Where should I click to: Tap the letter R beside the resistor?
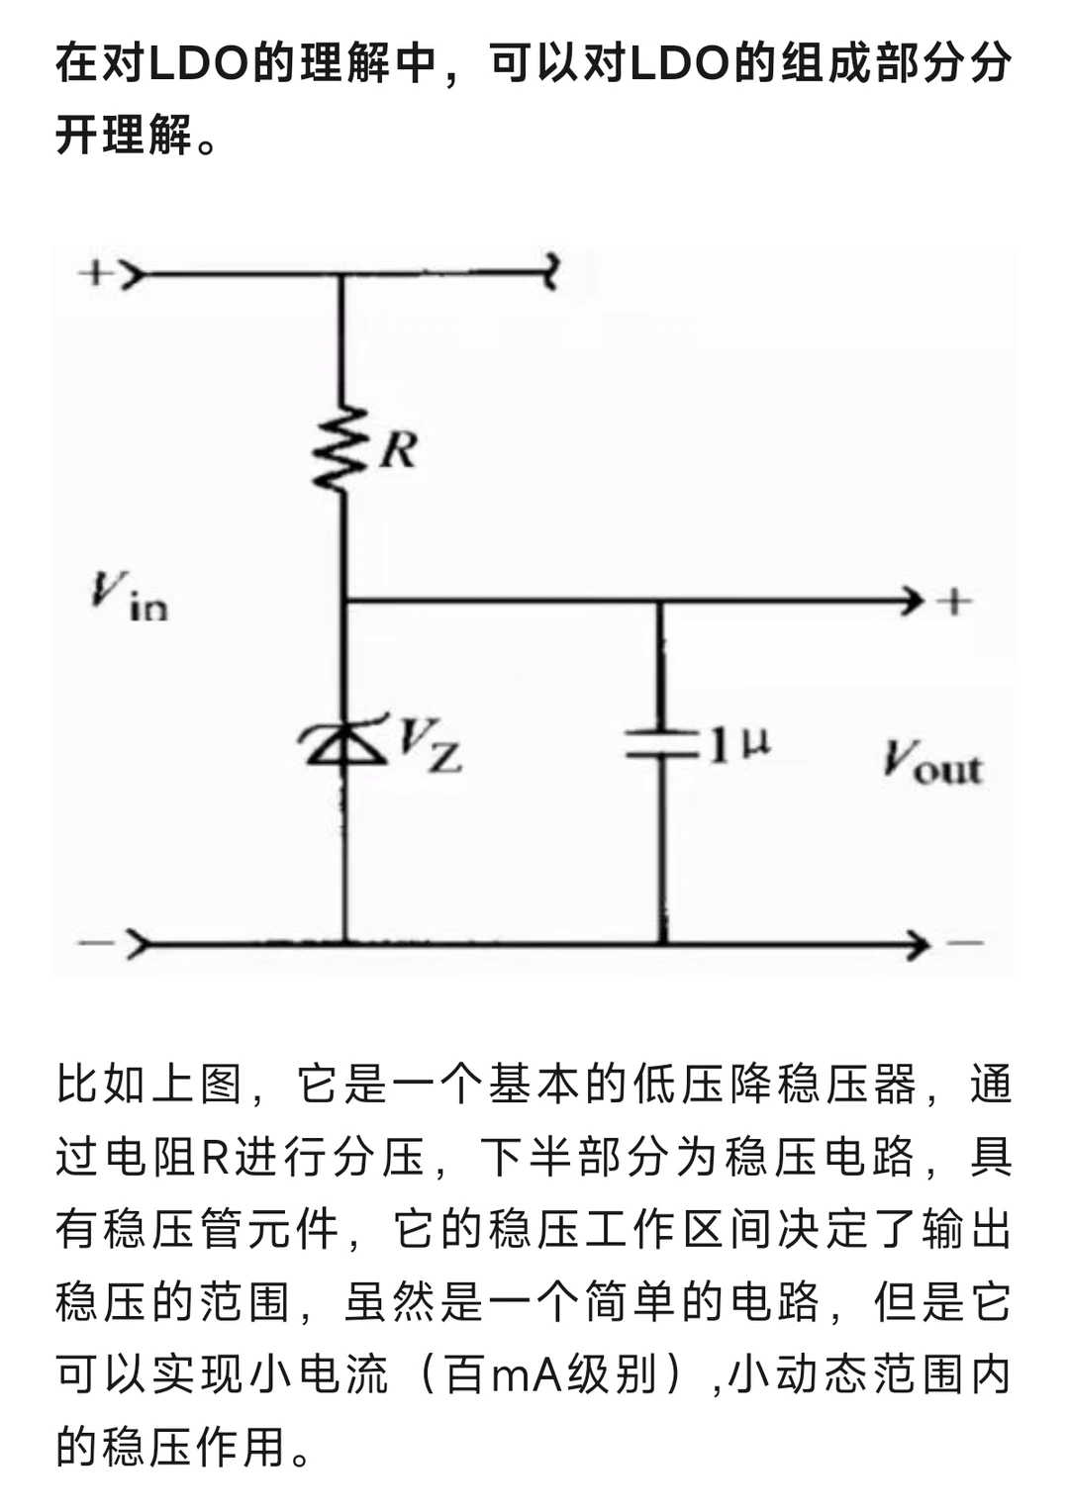click(399, 449)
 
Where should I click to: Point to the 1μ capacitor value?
click(738, 744)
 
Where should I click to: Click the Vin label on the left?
click(129, 596)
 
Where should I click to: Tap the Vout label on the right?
click(932, 764)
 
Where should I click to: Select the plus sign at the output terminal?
click(953, 600)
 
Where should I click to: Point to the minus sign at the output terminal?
click(967, 942)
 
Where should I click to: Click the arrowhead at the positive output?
click(913, 600)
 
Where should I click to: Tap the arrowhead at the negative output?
click(917, 944)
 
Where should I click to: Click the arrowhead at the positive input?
click(133, 274)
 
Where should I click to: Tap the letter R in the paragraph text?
click(216, 1158)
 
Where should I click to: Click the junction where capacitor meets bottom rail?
click(662, 943)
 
